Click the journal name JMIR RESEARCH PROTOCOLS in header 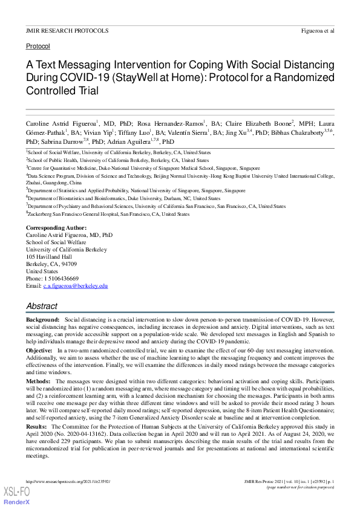pyautogui.click(x=67, y=30)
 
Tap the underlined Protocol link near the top pyautogui.click(x=38, y=46)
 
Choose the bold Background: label pyautogui.click(x=42, y=319)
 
